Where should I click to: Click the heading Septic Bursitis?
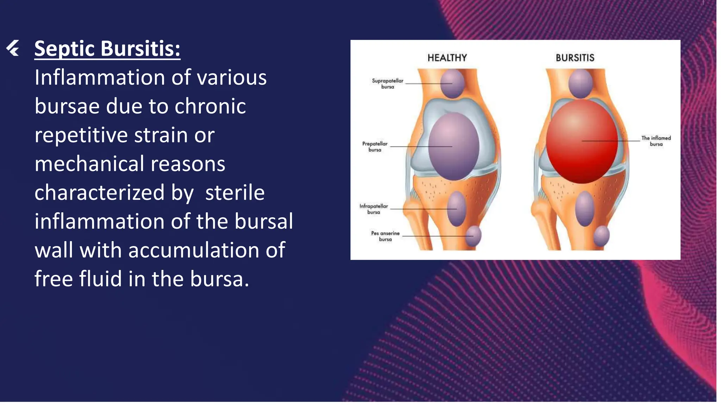107,49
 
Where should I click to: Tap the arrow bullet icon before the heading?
13,48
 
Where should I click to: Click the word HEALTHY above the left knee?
447,58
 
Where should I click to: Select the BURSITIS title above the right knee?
575,58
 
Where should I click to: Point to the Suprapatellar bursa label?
388,84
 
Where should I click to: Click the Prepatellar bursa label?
375,147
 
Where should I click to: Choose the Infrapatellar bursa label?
374,209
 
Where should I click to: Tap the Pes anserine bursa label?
385,236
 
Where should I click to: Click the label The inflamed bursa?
656,141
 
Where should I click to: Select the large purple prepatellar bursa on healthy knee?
453,146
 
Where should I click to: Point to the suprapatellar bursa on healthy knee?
452,84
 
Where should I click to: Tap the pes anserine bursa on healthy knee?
474,236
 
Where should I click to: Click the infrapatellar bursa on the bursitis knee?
584,209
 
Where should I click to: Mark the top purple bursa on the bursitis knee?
581,84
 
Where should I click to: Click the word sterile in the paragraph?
235,193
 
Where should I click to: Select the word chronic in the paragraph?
210,106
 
